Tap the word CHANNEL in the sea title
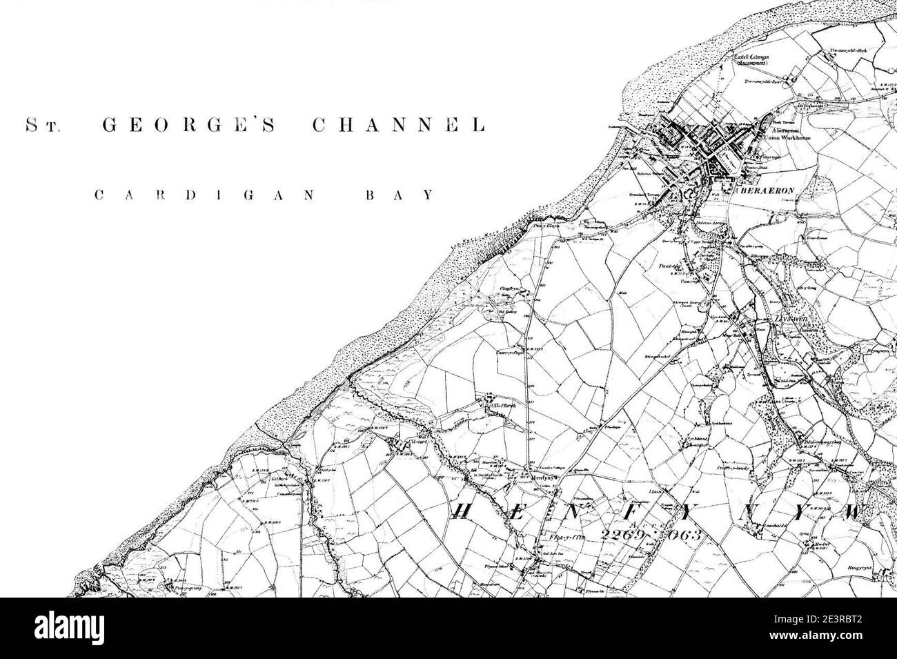tap(398, 126)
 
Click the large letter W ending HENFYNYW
tap(854, 513)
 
